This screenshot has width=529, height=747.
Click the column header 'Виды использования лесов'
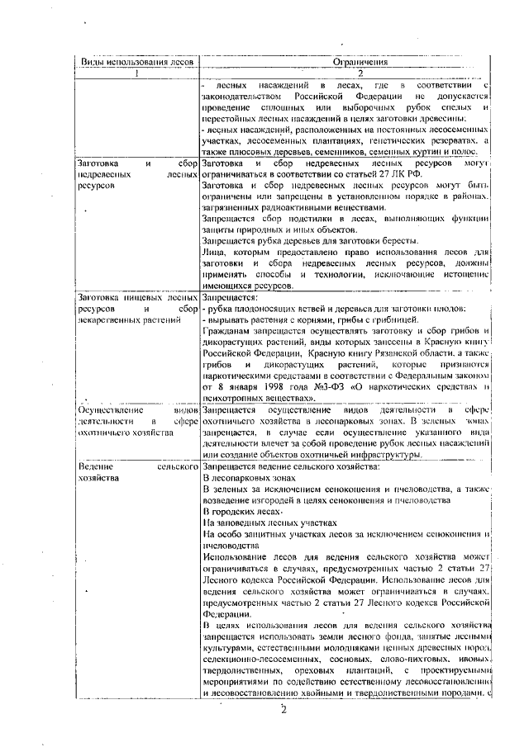136,60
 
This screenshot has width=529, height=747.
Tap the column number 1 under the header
136,72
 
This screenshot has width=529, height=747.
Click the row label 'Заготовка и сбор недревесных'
136,169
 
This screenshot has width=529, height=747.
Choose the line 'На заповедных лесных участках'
269,522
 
